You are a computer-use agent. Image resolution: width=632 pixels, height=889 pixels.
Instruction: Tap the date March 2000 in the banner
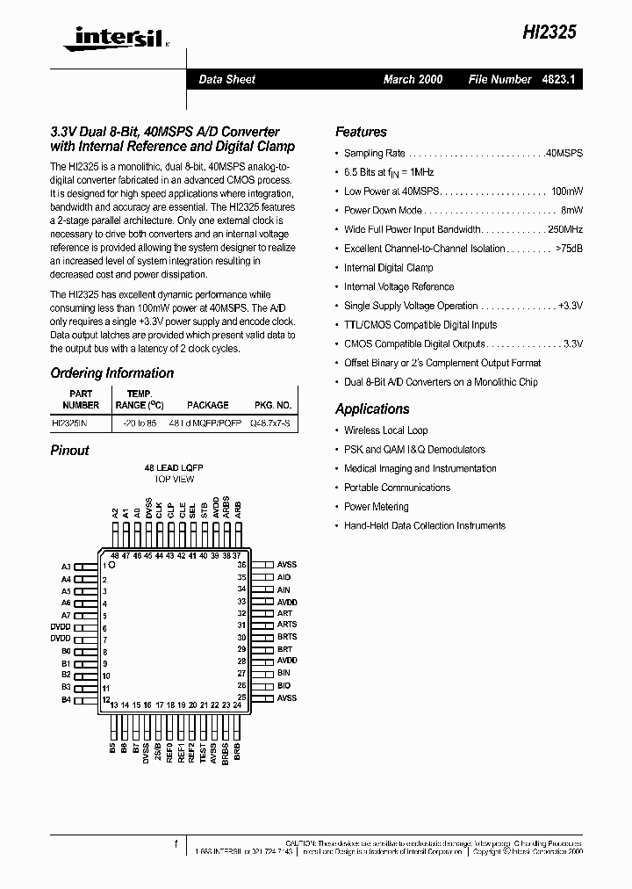point(413,79)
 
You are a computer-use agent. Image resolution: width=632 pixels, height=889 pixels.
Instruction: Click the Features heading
point(361,132)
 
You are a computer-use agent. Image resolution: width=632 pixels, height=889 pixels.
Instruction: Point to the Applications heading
point(372,408)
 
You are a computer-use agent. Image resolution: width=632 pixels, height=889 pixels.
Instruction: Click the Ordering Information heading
point(111,373)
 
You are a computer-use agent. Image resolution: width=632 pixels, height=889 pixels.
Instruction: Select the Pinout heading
point(69,450)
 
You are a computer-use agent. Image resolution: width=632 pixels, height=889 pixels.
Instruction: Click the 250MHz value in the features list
point(566,229)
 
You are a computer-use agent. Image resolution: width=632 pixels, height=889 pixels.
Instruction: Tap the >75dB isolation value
point(569,249)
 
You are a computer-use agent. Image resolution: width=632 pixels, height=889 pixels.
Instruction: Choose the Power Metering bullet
point(376,507)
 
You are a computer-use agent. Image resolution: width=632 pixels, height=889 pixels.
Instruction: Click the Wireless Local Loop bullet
point(385,430)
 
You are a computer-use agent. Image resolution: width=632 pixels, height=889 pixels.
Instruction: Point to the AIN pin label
point(284,589)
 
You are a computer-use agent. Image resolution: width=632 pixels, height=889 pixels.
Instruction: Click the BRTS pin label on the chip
point(287,637)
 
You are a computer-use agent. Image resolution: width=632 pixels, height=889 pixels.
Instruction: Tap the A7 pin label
point(66,615)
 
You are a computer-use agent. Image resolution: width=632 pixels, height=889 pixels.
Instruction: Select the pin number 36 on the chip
point(241,565)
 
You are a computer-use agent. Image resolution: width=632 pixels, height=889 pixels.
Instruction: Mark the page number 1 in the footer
point(176,844)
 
